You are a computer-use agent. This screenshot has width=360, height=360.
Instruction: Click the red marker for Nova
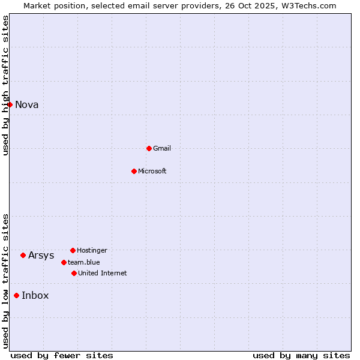pyautogui.click(x=10, y=104)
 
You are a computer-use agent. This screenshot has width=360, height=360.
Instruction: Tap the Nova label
pyautogui.click(x=27, y=105)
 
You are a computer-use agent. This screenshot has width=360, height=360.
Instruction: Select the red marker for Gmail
pyautogui.click(x=149, y=148)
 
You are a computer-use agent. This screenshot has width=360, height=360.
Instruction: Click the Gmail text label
pyautogui.click(x=162, y=149)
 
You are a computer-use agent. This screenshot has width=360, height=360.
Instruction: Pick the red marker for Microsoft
pyautogui.click(x=134, y=171)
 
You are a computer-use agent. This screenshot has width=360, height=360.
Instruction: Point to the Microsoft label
pyautogui.click(x=152, y=172)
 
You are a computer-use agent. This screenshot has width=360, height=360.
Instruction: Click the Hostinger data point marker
pyautogui.click(x=73, y=250)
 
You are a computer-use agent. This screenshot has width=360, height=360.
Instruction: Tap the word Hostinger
pyautogui.click(x=92, y=250)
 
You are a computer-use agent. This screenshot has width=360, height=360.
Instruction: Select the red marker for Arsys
pyautogui.click(x=23, y=255)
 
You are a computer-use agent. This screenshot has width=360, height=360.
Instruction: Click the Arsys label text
pyautogui.click(x=41, y=256)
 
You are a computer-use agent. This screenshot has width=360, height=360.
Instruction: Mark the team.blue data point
pyautogui.click(x=64, y=262)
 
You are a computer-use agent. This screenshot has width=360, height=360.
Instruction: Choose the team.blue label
pyautogui.click(x=84, y=262)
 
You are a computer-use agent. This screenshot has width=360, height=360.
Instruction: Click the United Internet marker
pyautogui.click(x=74, y=273)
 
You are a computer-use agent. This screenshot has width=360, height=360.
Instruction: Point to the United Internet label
pyautogui.click(x=103, y=274)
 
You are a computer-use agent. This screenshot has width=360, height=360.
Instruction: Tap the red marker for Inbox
pyautogui.click(x=16, y=295)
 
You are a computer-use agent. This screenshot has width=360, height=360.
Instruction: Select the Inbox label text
pyautogui.click(x=35, y=296)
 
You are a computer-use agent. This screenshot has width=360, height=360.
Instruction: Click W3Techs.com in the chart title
pyautogui.click(x=308, y=6)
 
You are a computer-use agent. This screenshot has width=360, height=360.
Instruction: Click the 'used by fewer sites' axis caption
pyautogui.click(x=62, y=356)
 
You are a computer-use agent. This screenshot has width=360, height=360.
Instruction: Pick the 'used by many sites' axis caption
pyautogui.click(x=301, y=356)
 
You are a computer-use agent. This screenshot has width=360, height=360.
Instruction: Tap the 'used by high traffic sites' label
pyautogui.click(x=6, y=86)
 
